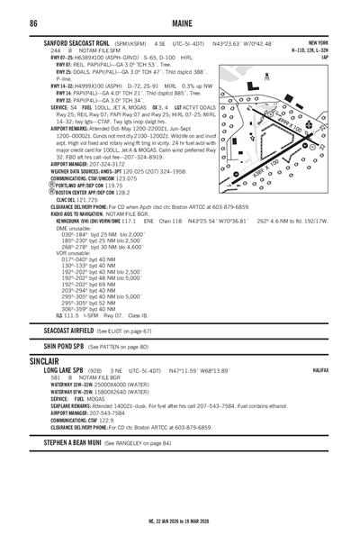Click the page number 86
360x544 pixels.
point(32,23)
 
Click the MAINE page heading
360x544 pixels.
point(180,23)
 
